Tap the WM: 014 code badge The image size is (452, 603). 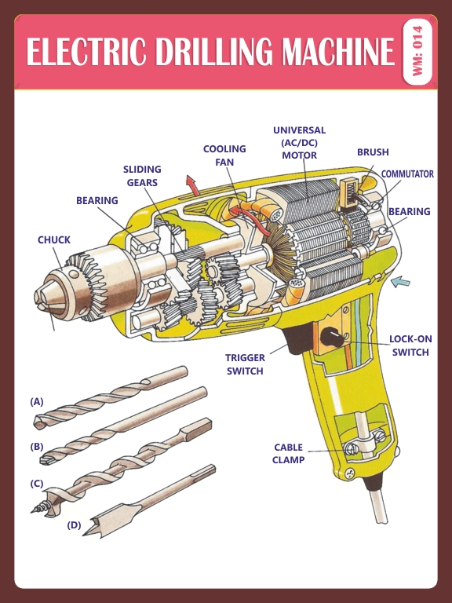417,52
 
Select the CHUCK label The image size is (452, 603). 53,240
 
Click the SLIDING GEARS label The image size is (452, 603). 142,176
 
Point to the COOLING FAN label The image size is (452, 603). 224,155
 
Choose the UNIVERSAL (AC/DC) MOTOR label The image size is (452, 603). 299,142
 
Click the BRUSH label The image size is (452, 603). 373,152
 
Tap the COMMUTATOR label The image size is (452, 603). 407,174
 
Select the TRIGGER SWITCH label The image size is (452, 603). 245,364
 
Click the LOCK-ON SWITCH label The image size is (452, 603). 410,345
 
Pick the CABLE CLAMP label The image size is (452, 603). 288,453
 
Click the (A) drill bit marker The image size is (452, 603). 37,401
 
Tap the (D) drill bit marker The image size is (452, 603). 74,524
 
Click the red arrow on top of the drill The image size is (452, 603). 191,185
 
